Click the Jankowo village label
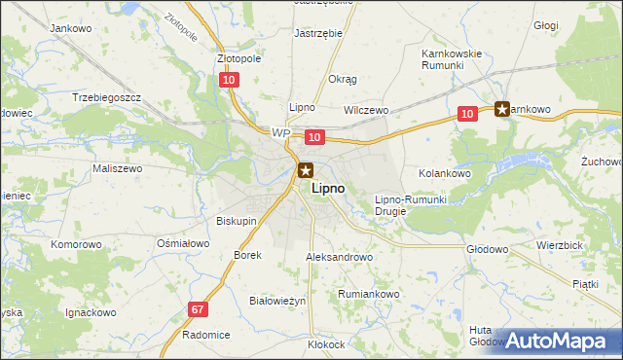coord(70,28)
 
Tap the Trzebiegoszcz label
coord(107,98)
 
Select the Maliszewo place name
coord(117,168)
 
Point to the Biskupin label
coord(237,221)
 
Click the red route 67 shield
coord(198,308)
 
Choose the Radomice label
coord(205,334)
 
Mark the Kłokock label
coord(326,344)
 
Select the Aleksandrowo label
coord(339,257)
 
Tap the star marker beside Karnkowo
coord(502,109)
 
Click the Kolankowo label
coord(445,172)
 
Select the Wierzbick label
coord(558,246)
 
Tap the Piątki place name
coord(585,283)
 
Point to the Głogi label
coord(546,26)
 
